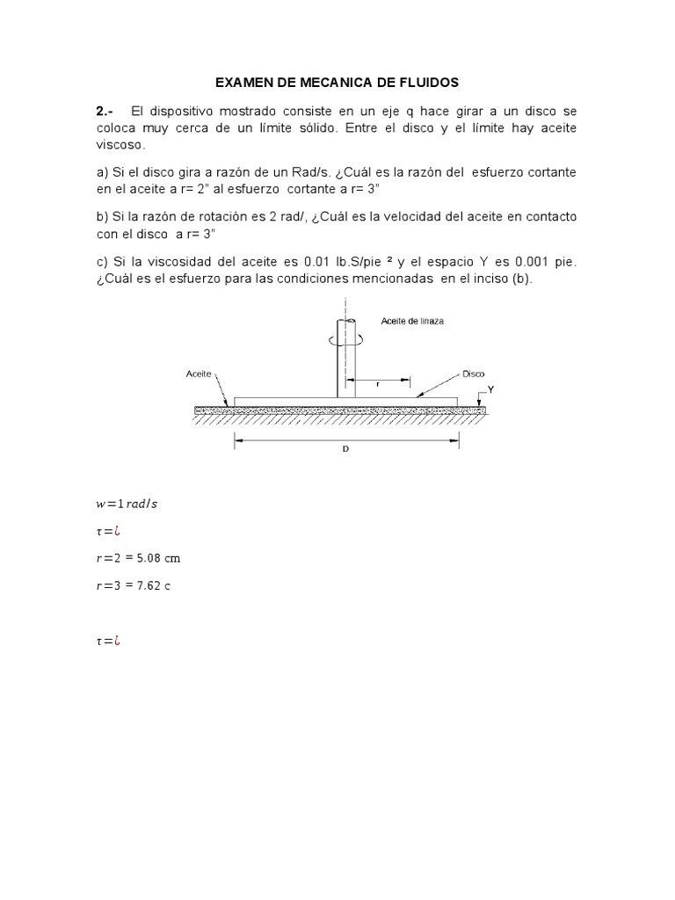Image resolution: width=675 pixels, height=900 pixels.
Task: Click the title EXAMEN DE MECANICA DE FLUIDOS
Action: tap(337, 83)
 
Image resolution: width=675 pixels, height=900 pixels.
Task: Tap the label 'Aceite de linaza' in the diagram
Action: tap(412, 321)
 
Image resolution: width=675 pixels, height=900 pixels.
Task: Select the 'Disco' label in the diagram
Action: tap(474, 373)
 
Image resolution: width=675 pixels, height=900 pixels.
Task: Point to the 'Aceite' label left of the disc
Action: tap(199, 373)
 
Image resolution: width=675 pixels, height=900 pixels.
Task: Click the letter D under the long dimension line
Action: tap(345, 448)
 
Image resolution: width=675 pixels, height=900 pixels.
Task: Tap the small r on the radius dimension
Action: tap(377, 384)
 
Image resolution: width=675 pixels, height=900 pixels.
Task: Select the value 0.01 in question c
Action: tap(318, 263)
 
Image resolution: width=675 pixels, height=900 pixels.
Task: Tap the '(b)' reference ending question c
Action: tap(523, 279)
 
